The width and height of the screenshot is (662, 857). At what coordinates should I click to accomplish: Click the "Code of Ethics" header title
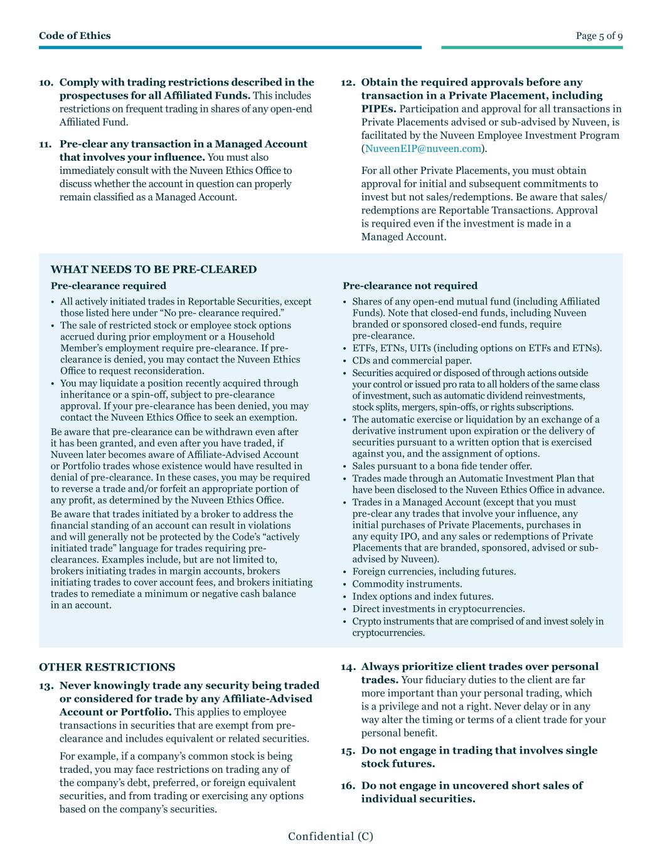coord(75,36)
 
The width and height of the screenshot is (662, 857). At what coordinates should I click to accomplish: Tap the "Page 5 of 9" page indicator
coord(599,36)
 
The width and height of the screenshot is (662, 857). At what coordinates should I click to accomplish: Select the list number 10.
coord(46,83)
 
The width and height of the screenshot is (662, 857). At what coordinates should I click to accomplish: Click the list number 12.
coord(348,83)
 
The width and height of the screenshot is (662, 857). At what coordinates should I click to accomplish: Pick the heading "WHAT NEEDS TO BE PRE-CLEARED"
coord(154,269)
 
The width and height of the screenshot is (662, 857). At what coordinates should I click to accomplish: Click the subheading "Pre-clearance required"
coord(109,286)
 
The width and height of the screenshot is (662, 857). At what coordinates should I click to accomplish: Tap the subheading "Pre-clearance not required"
coord(410,286)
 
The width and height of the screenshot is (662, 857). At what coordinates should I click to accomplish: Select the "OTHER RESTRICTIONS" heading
coord(107,667)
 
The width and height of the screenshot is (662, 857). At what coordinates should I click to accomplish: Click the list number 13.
coord(46,686)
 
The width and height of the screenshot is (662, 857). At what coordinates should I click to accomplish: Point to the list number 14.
coord(348,667)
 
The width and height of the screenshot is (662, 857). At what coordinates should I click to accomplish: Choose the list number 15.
coord(348,751)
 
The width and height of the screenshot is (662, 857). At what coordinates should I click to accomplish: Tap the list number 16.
coord(348,786)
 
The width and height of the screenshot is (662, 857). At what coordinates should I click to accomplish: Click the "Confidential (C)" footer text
coord(331,836)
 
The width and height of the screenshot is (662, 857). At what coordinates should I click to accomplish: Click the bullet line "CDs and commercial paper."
coord(412,360)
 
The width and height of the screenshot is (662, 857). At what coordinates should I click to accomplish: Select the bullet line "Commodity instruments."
coord(407,584)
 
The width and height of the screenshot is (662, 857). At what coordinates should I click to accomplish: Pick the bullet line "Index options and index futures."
coord(422,596)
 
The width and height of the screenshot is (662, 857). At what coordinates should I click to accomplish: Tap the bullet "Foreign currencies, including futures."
coord(434,571)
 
